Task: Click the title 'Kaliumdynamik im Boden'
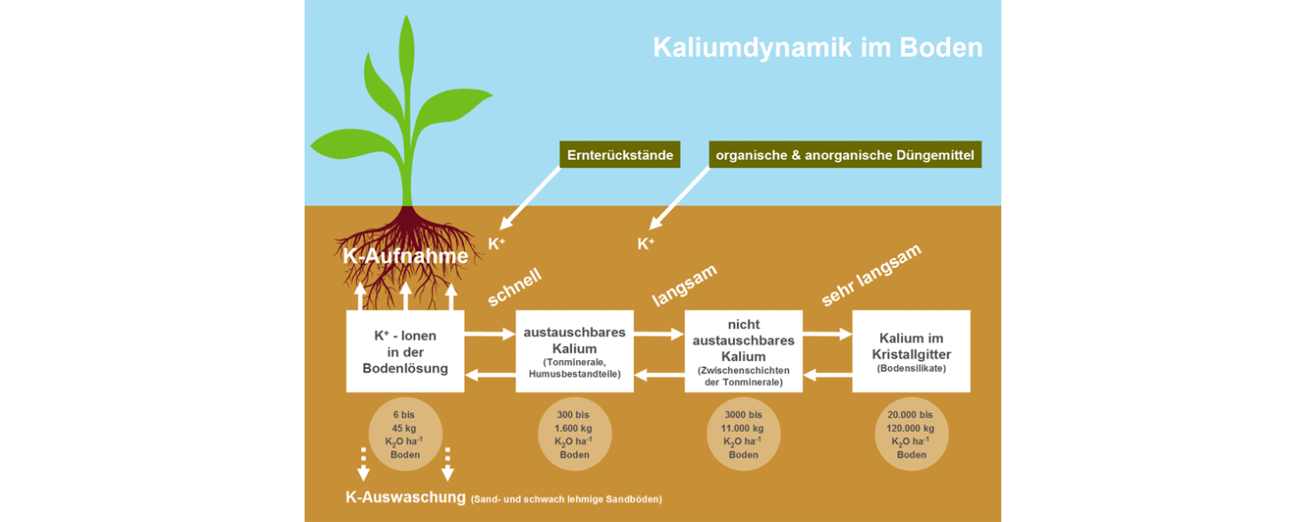[817, 47]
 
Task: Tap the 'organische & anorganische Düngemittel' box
[845, 156]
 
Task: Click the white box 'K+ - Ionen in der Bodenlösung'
[405, 351]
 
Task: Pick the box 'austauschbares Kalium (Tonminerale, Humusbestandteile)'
[575, 351]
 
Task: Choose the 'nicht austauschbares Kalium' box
[744, 351]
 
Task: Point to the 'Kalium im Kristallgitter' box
[911, 351]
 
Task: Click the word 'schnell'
[514, 287]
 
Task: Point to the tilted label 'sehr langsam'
[871, 274]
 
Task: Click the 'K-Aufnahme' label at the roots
[405, 257]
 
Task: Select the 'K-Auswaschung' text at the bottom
[405, 497]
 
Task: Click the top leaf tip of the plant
[407, 19]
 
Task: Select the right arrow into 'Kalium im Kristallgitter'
[827, 334]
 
